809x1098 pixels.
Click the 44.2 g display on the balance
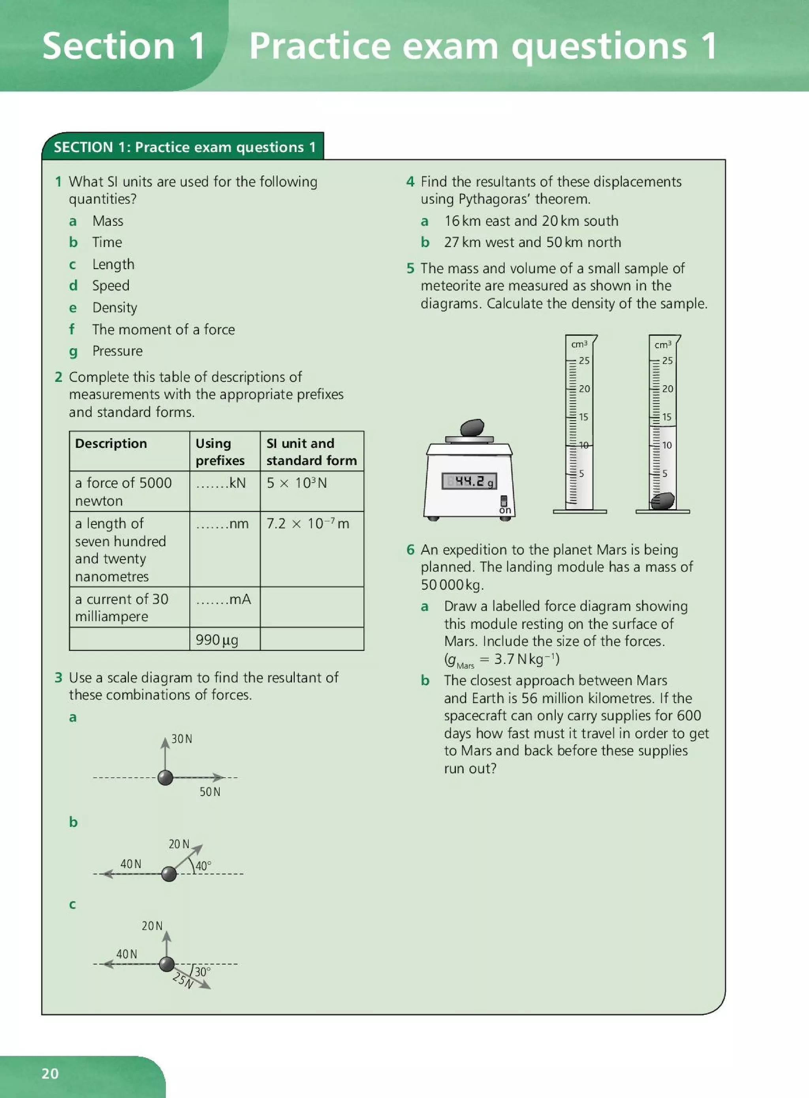[x=469, y=481]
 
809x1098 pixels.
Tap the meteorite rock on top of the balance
[x=472, y=428]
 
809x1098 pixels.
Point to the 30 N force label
[x=182, y=739]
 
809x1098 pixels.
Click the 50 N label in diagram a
[x=210, y=792]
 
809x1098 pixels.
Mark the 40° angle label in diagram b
[x=203, y=866]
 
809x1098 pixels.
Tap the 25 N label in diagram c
[x=182, y=980]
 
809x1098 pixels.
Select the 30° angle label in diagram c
[x=202, y=971]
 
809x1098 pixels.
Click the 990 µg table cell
[x=217, y=639]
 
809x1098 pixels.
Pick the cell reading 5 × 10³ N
[x=297, y=483]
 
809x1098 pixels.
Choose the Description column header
[x=111, y=443]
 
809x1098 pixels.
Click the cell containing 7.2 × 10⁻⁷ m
[x=308, y=524]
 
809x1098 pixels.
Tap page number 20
[x=50, y=1073]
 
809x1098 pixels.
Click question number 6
[x=410, y=549]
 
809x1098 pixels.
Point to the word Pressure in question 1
[x=118, y=351]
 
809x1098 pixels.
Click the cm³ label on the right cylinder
[x=662, y=345]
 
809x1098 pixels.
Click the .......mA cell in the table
[x=224, y=600]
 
